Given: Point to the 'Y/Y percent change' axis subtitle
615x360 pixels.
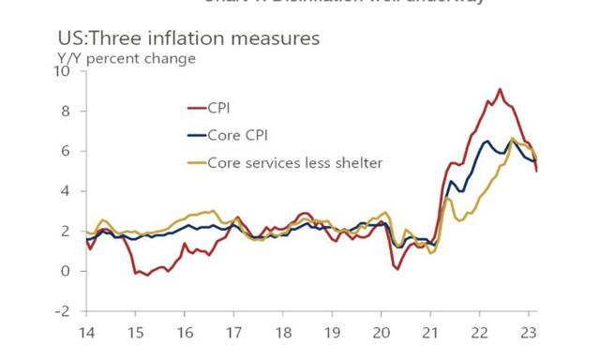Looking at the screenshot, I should coord(127,58).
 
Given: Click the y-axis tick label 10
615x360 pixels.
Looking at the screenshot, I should coord(64,71).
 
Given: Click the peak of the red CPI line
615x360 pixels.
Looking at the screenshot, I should coord(500,89).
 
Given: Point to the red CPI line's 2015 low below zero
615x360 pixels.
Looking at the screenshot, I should coord(147,275).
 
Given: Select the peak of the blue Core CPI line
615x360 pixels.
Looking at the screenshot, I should coord(487,141).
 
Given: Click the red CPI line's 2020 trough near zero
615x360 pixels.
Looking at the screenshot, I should coord(397,269).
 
